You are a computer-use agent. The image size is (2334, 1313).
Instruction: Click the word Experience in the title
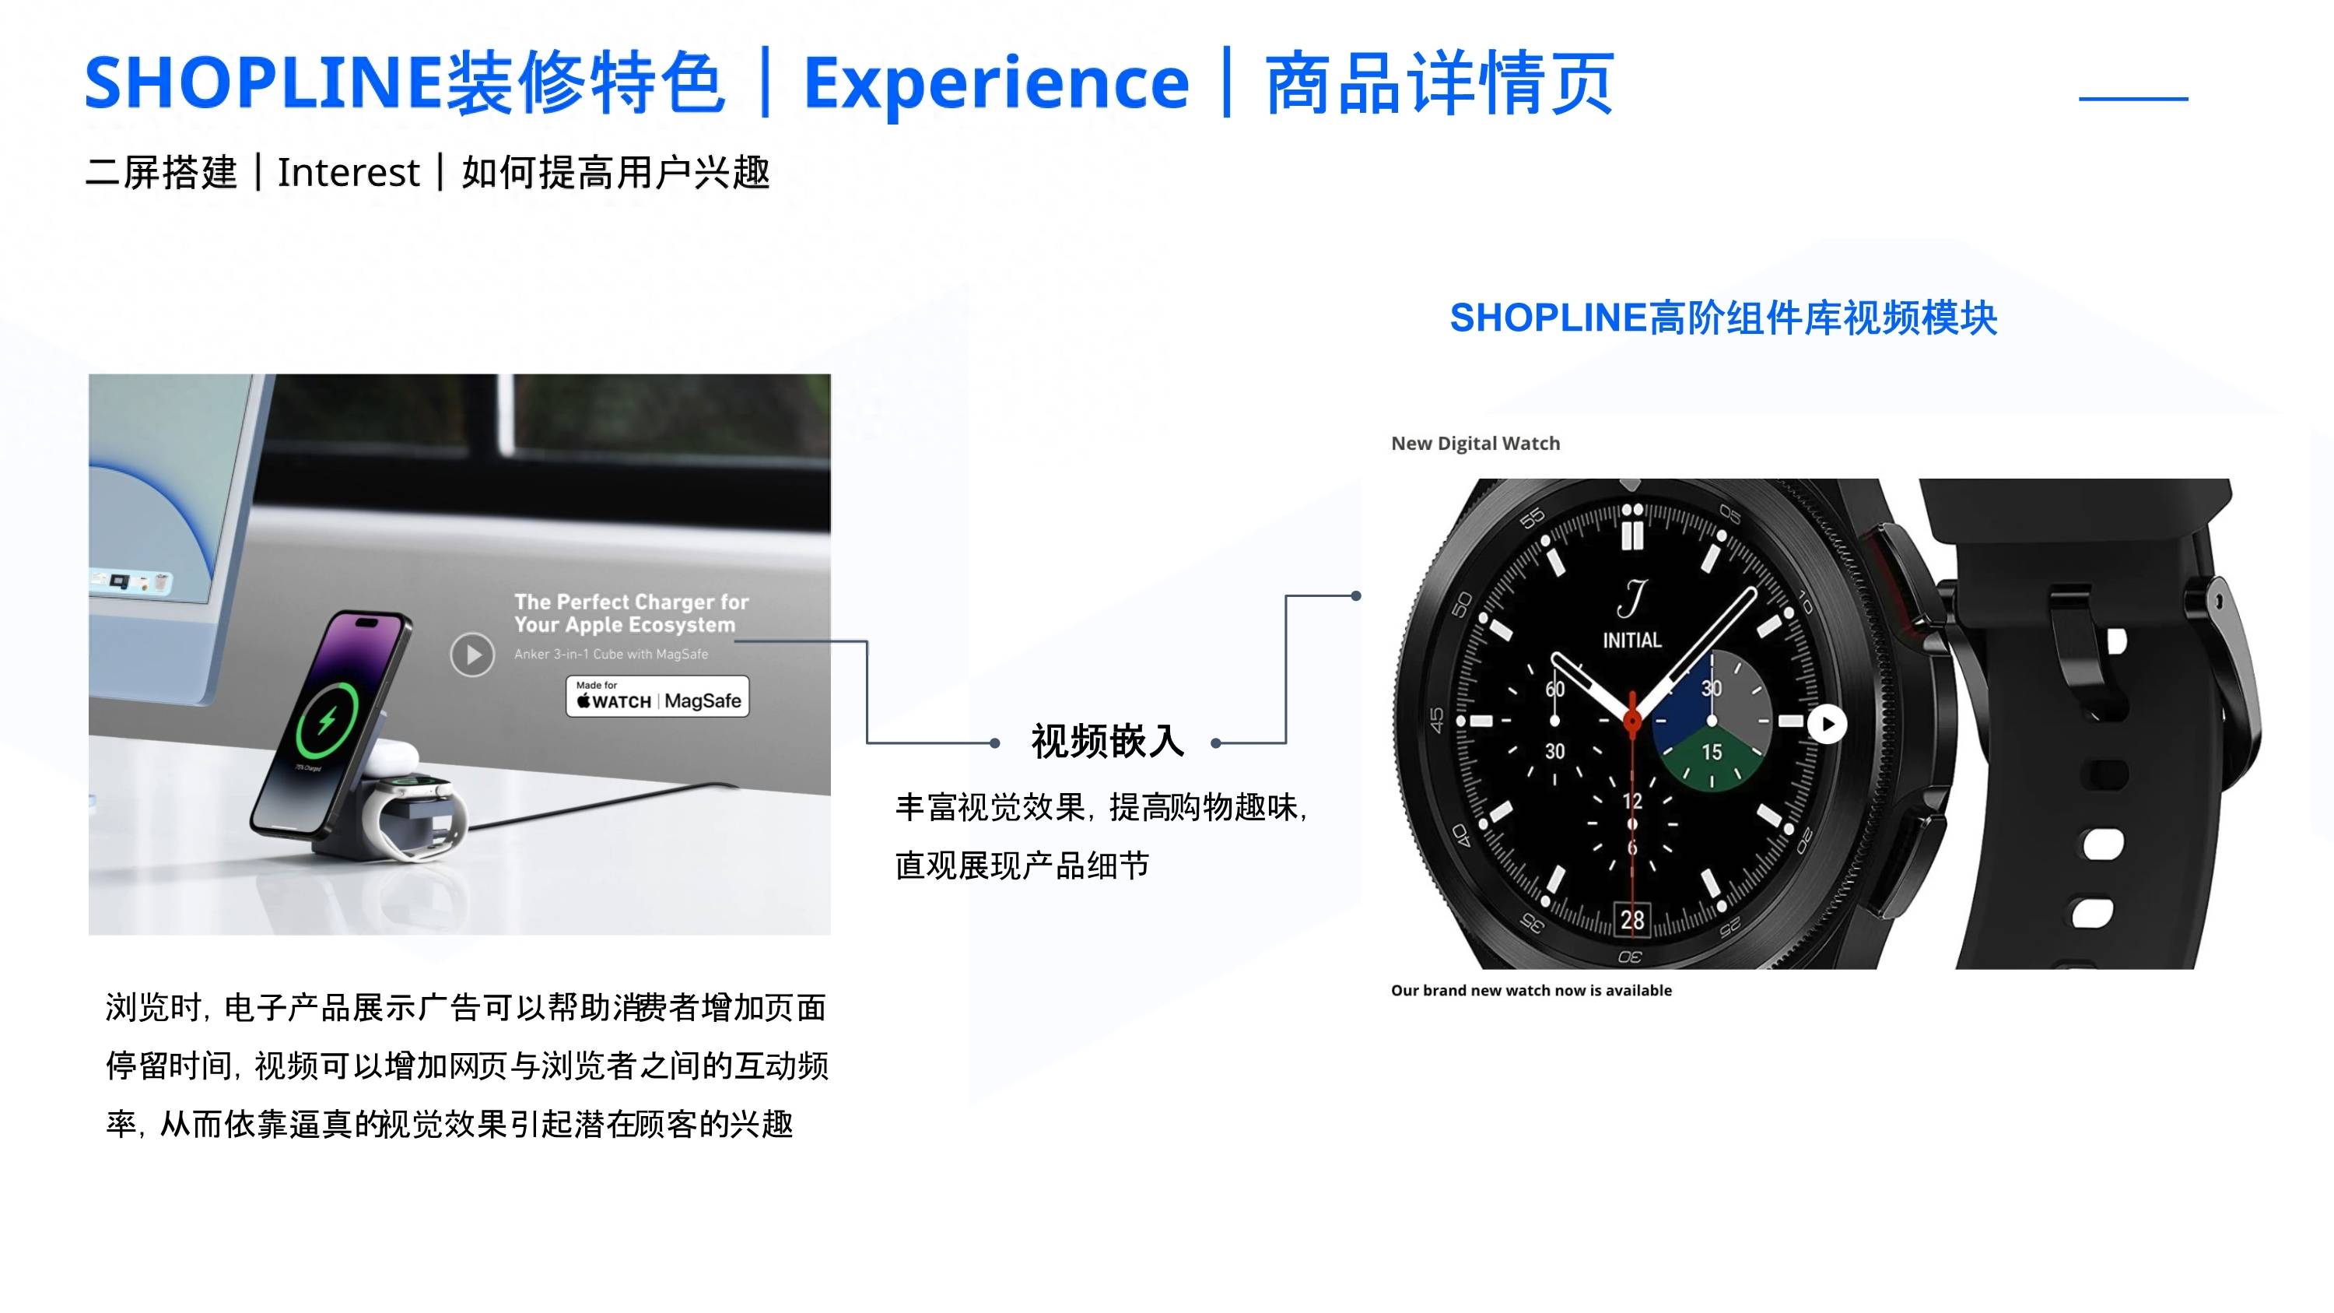click(996, 84)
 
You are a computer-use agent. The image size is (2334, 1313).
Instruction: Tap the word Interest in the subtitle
click(348, 172)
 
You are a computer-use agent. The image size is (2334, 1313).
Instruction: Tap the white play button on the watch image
click(1827, 724)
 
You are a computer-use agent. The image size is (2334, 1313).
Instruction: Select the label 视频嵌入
click(1107, 741)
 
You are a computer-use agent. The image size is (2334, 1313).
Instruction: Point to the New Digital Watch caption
click(1476, 443)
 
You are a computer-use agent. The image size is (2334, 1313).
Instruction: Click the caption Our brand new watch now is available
click(1531, 991)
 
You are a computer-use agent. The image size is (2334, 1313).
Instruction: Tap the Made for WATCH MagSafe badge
click(657, 697)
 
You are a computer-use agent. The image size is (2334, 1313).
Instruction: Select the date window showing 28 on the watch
click(1631, 920)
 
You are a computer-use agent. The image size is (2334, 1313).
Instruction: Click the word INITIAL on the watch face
click(1631, 640)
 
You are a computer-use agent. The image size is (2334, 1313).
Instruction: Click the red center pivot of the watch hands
click(1631, 721)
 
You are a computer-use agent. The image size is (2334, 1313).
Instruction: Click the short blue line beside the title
click(2134, 98)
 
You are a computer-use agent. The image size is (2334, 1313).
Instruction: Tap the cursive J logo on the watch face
click(1631, 598)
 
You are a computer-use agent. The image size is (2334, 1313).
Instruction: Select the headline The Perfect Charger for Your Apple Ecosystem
click(632, 613)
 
